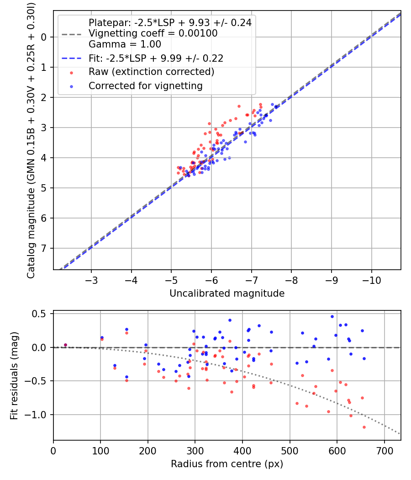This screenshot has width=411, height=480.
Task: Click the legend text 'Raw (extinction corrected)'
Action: [x=151, y=72]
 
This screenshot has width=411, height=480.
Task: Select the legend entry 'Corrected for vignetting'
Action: [x=146, y=85]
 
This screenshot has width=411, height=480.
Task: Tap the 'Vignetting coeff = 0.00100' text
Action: [x=153, y=33]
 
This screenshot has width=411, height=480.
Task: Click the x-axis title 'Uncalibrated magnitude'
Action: [x=227, y=293]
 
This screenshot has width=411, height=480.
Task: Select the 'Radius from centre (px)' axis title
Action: [x=227, y=464]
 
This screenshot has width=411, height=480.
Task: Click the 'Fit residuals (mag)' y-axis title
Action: [x=14, y=375]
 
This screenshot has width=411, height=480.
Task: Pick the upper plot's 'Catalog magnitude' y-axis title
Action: [x=31, y=140]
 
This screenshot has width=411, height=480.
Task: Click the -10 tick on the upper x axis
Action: [x=371, y=279]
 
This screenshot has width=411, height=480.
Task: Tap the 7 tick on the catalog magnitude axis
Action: [x=44, y=248]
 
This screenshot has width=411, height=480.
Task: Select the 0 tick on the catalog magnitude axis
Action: [x=44, y=37]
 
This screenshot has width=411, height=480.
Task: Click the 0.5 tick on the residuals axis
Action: [x=41, y=314]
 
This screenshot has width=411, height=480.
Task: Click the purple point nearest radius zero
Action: [x=65, y=345]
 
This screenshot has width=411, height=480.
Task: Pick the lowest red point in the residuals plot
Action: [x=364, y=427]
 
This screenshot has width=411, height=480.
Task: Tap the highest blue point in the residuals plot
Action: [x=332, y=316]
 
